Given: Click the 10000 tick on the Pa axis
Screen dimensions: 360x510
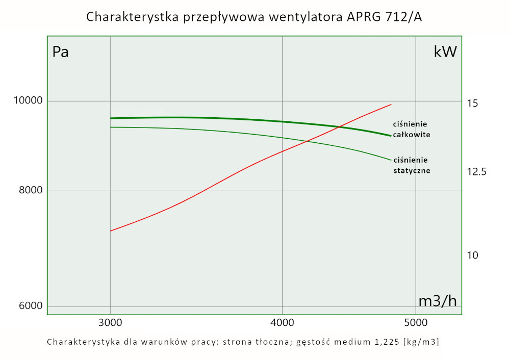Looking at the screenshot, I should click(27, 101).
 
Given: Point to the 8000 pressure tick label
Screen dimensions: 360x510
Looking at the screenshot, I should click(30, 191).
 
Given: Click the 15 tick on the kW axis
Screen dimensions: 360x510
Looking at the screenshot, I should click(472, 104).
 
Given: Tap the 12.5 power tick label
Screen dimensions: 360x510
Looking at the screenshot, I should click(476, 171).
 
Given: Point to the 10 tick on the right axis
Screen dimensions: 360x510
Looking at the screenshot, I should click(472, 255).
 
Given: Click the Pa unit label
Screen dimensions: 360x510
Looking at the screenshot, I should click(61, 52).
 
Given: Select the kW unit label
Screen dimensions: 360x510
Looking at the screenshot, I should click(445, 52).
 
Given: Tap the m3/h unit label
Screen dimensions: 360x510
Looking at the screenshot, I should click(437, 301).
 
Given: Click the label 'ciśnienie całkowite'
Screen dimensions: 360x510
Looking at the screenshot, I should click(412, 130).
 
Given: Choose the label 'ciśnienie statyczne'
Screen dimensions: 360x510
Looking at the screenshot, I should click(412, 165).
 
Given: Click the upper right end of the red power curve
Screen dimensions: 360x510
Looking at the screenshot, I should click(391, 105).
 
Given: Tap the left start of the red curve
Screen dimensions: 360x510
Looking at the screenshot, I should click(111, 231).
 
